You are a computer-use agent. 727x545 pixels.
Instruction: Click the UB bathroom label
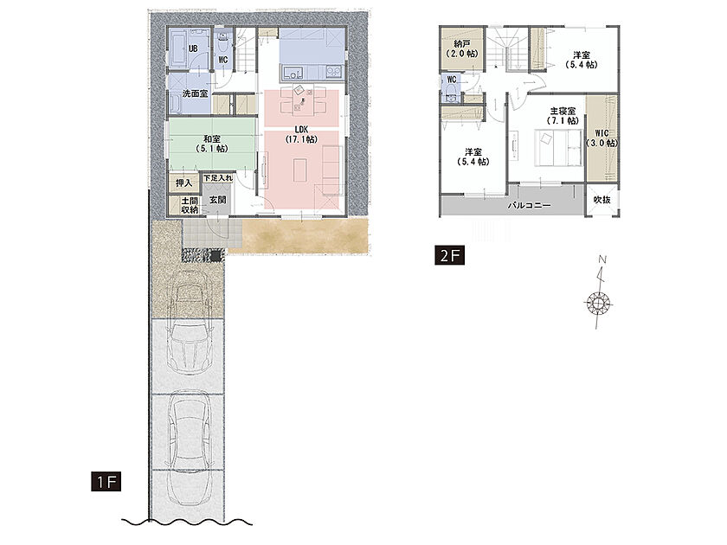pos(193,48)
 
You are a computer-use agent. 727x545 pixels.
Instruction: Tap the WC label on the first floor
pos(223,60)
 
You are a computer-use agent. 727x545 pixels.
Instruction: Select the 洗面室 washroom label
pos(195,93)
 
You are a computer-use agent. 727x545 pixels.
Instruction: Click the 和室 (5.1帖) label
pos(212,144)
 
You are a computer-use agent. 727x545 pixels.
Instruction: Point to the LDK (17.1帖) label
pos(301,134)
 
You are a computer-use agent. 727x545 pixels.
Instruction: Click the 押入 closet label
pos(183,183)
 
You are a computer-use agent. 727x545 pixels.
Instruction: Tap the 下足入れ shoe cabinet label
pos(217,178)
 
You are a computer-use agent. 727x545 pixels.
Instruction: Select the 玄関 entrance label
pos(217,200)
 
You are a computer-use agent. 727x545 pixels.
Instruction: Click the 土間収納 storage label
pos(190,205)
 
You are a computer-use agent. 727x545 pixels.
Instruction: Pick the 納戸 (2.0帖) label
pos(462,48)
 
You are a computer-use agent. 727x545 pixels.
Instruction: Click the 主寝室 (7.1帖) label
pos(563,116)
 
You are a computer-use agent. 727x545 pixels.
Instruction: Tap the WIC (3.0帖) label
pos(602,138)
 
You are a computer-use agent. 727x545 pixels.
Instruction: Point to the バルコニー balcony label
pos(529,205)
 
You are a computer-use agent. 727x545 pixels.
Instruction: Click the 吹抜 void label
pos(602,200)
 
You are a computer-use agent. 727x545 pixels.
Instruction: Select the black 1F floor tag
pos(106,482)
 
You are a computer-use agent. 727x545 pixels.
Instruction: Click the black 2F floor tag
pos(449,255)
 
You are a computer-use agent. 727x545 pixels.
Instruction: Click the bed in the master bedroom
pos(560,148)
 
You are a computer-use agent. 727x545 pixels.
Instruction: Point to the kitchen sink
pos(293,74)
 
